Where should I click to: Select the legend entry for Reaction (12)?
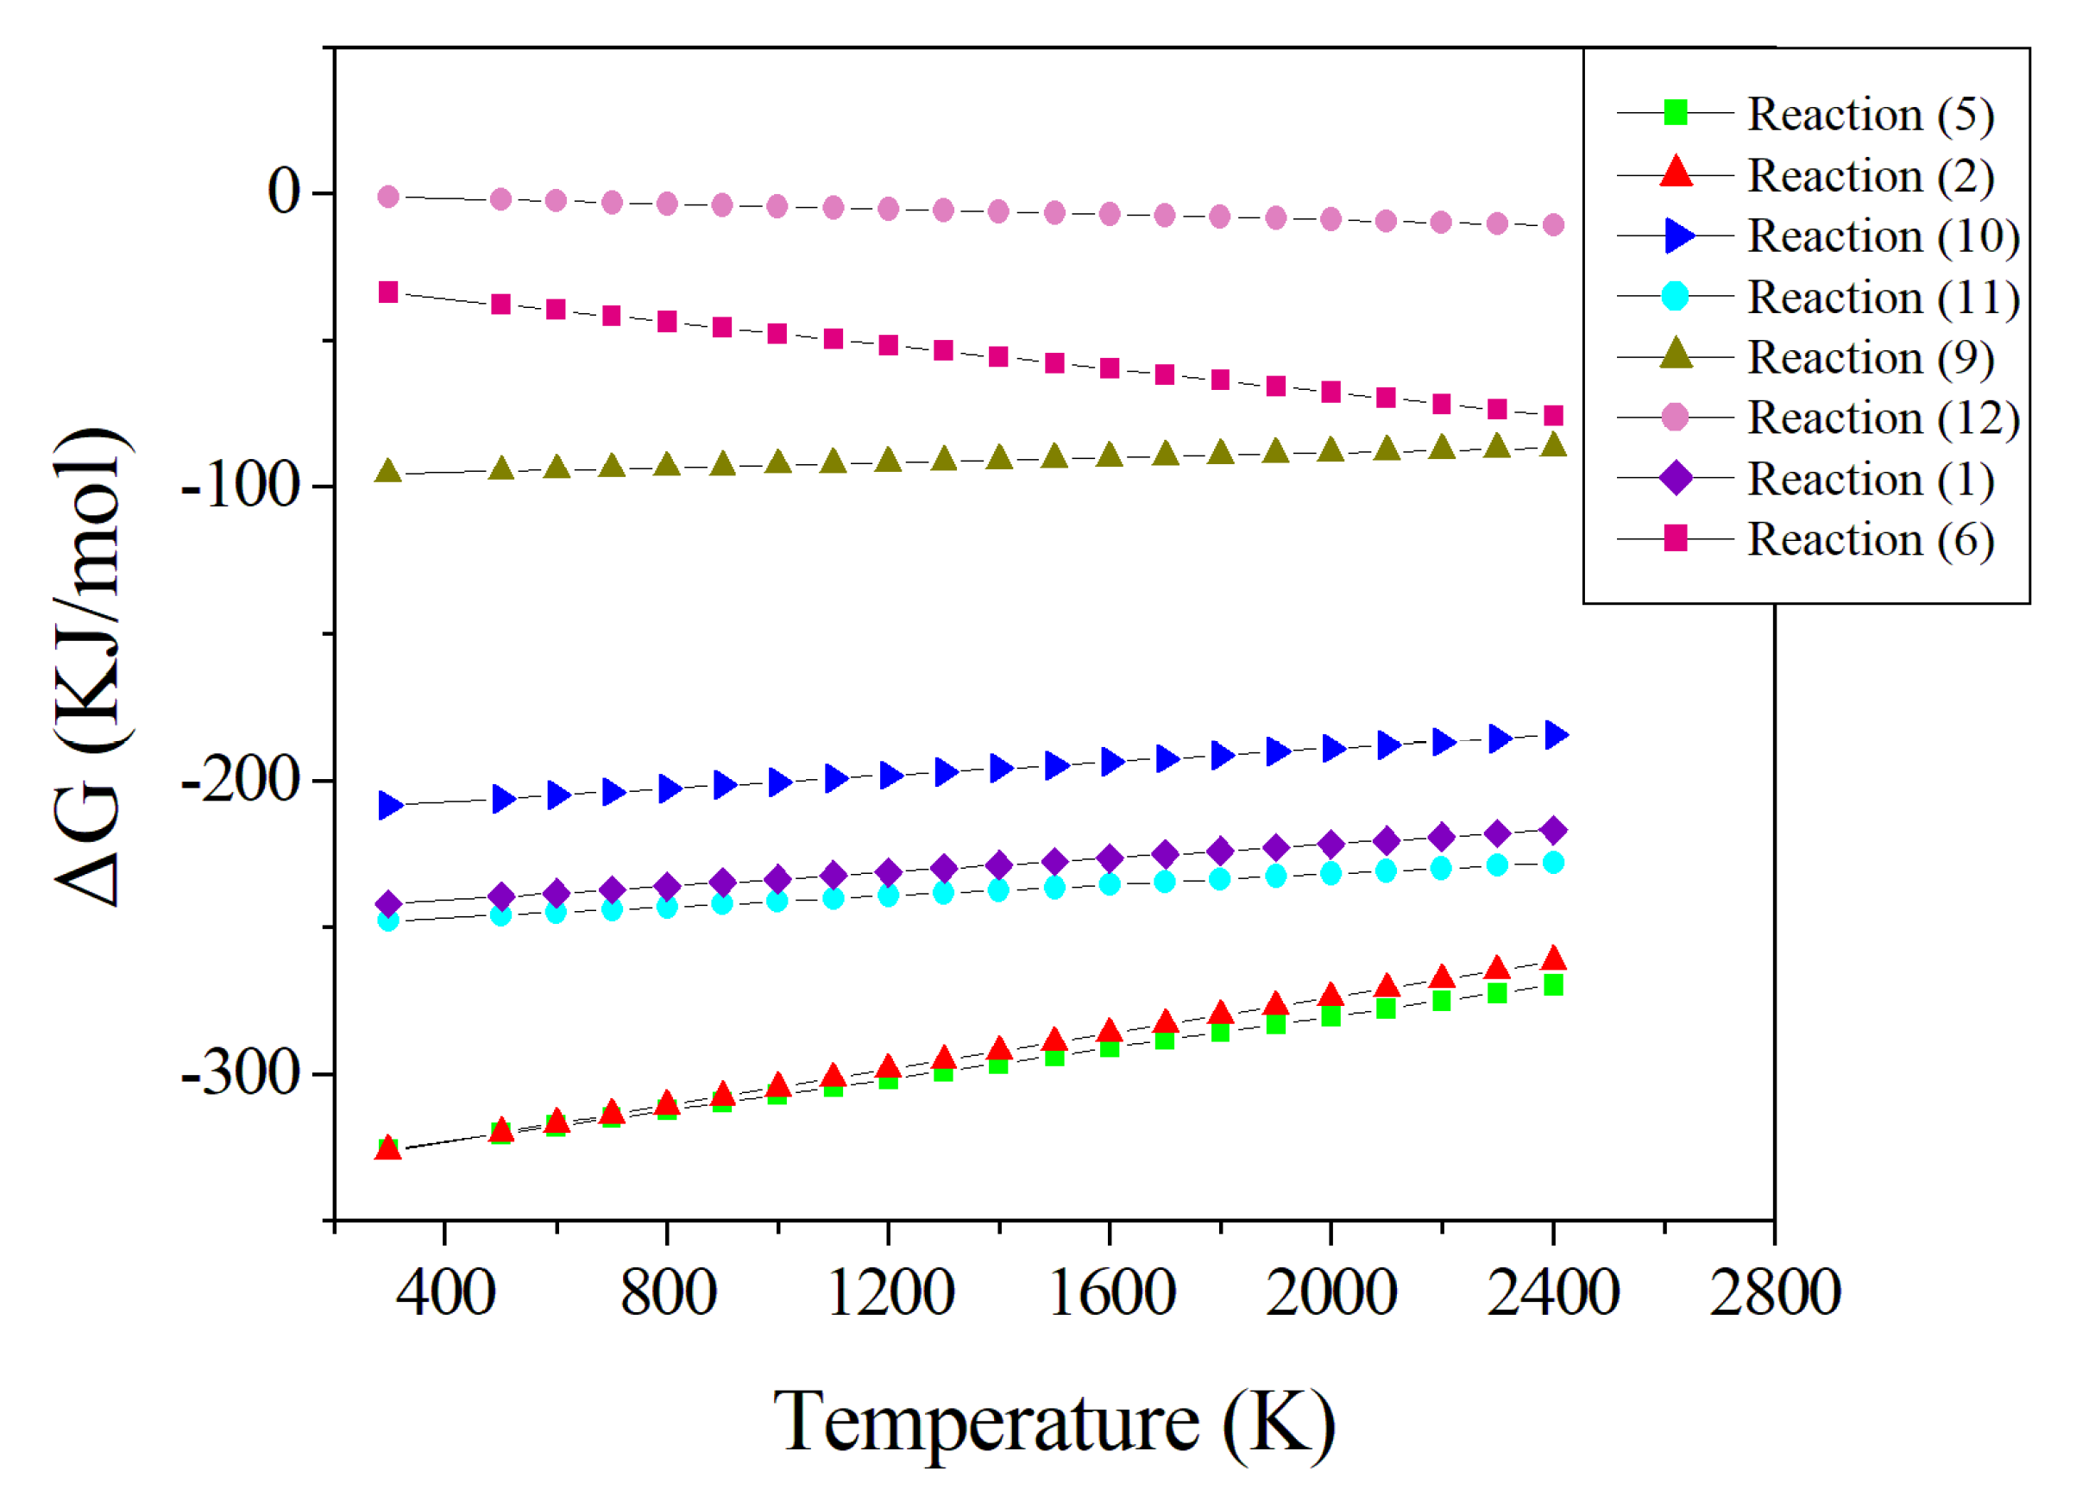[x=1882, y=418]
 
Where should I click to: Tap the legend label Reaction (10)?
[x=1882, y=236]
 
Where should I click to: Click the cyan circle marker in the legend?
[x=1675, y=297]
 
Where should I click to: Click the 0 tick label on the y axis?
[x=283, y=193]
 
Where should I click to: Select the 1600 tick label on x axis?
[x=1110, y=1293]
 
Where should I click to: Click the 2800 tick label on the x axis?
[x=1774, y=1293]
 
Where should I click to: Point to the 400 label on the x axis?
[x=445, y=1293]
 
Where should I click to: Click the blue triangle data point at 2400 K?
[x=1555, y=734]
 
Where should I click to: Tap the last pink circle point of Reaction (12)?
[x=1553, y=224]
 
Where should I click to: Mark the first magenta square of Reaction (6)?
[x=388, y=292]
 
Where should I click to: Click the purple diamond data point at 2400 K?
[x=1553, y=830]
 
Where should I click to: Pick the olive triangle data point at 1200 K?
[x=888, y=461]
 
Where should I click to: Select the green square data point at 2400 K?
[x=1553, y=985]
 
